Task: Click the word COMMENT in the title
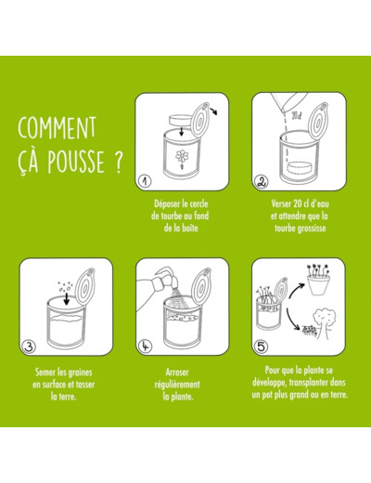(58, 127)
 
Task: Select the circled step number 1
(145, 181)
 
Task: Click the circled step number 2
(261, 182)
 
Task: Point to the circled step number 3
(29, 346)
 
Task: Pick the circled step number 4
(145, 346)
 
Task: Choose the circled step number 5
(261, 346)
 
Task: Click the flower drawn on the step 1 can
(182, 158)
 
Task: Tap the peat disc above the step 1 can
(181, 120)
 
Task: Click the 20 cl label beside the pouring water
(297, 116)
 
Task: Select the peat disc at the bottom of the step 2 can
(301, 168)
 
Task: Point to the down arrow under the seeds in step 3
(66, 298)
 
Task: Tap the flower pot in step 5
(318, 285)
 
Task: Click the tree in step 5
(324, 323)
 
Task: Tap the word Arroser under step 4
(177, 372)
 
